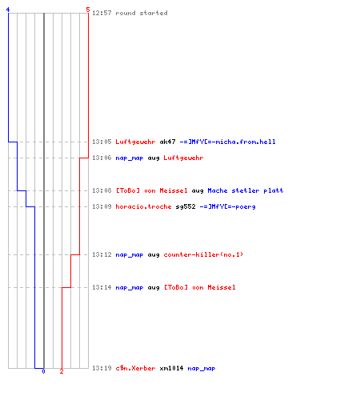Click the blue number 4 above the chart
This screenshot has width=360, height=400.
tap(8, 10)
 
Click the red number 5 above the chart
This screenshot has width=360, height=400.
tap(88, 10)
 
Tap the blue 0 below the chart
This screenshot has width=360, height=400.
tap(43, 371)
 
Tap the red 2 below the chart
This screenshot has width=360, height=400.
tap(62, 371)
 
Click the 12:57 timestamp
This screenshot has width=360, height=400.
tap(102, 13)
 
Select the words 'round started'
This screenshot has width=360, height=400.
tap(142, 13)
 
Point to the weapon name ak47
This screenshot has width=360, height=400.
tap(167, 142)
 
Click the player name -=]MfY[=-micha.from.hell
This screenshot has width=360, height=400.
tap(227, 142)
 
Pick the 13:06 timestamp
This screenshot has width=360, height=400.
tap(102, 158)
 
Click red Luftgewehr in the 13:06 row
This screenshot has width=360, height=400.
tap(183, 158)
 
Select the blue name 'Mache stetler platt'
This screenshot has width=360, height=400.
tap(246, 190)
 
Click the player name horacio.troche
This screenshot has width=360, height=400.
tap(143, 206)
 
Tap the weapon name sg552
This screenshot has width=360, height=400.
tap(186, 206)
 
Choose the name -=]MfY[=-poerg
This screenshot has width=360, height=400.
tap(227, 206)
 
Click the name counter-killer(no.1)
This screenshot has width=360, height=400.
tap(203, 254)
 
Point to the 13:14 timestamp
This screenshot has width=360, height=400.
tap(102, 287)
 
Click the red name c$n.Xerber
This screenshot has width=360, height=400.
tap(135, 368)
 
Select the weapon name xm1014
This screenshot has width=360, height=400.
tap(171, 368)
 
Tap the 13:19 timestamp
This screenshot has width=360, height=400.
tap(102, 368)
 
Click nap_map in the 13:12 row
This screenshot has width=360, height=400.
tap(130, 255)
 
